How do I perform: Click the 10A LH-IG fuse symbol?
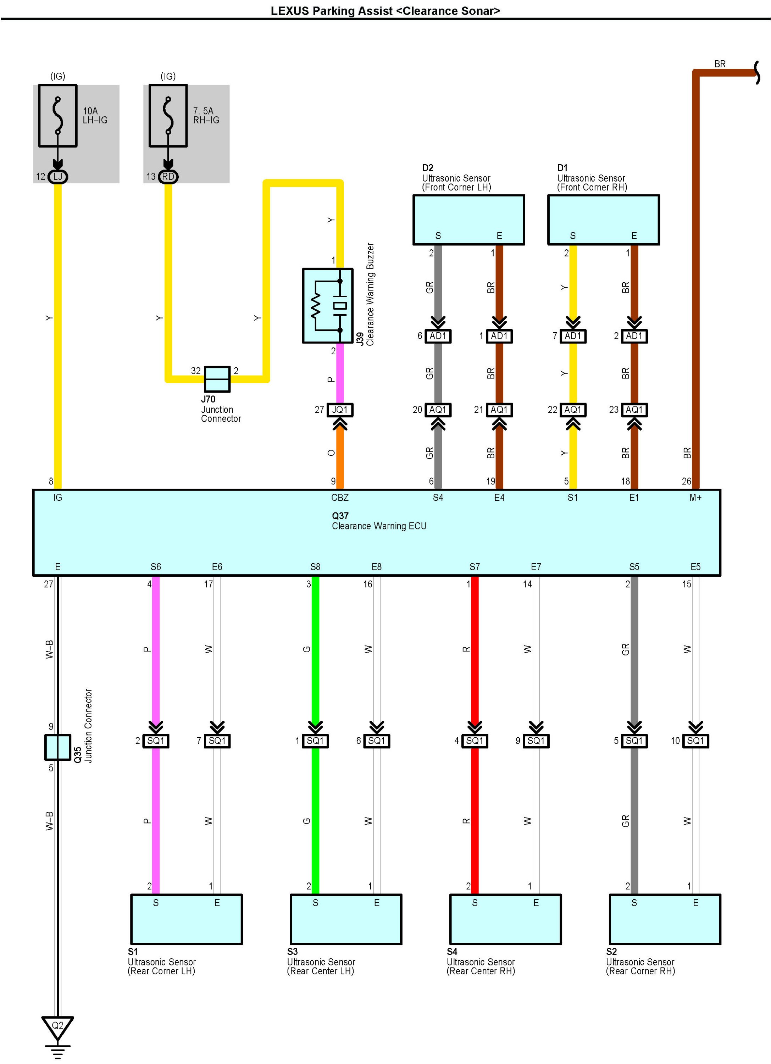pos(58,116)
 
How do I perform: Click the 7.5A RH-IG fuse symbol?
pos(168,116)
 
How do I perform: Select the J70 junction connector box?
pos(217,379)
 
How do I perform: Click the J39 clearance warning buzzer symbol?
pos(328,306)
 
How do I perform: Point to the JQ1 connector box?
pos(340,410)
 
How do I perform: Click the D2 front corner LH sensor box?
pos(468,220)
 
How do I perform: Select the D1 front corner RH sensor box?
pos(604,220)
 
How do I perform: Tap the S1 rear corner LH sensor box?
pos(187,919)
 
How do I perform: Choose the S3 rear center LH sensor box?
pos(346,919)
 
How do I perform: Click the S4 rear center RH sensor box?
pos(506,919)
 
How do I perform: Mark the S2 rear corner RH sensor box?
pos(665,919)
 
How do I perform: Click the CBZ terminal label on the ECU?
pos(340,498)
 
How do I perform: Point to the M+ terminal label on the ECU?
pos(695,498)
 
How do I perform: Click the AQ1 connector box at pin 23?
pos(634,410)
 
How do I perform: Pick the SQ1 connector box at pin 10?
pos(695,741)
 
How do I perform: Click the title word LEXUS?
pos(290,11)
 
